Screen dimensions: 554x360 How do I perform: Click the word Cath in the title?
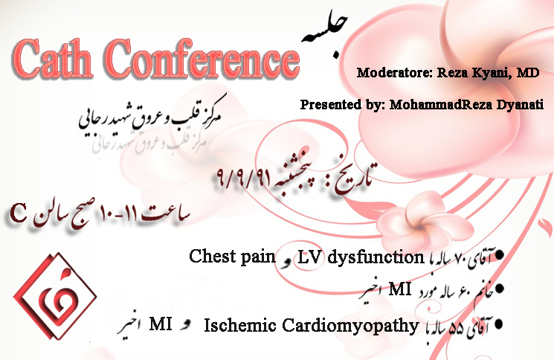[53, 59]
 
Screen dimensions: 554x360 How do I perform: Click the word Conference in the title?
[202, 59]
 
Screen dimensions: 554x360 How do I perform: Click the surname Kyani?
[490, 74]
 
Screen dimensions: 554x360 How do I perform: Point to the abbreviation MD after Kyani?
[528, 73]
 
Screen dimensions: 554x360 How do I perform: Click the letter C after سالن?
[18, 213]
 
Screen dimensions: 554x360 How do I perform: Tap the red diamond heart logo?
[55, 296]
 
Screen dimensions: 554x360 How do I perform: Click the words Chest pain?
[232, 257]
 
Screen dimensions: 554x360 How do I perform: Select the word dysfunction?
[376, 257]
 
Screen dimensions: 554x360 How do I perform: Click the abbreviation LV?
[309, 257]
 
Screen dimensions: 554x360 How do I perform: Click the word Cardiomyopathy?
[350, 326]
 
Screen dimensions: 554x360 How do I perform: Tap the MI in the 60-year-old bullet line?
[399, 289]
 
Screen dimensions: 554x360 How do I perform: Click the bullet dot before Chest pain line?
[499, 254]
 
